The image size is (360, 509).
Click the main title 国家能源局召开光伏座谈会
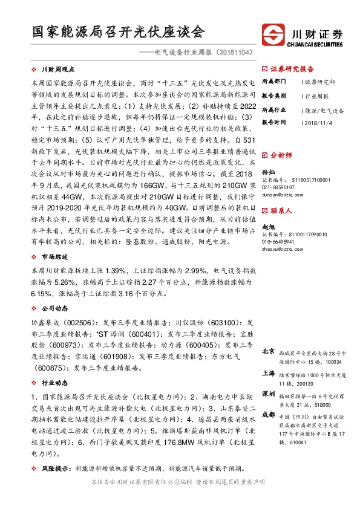[x=119, y=32]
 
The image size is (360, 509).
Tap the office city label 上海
[x=269, y=374]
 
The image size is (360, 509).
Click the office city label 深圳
[x=269, y=394]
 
